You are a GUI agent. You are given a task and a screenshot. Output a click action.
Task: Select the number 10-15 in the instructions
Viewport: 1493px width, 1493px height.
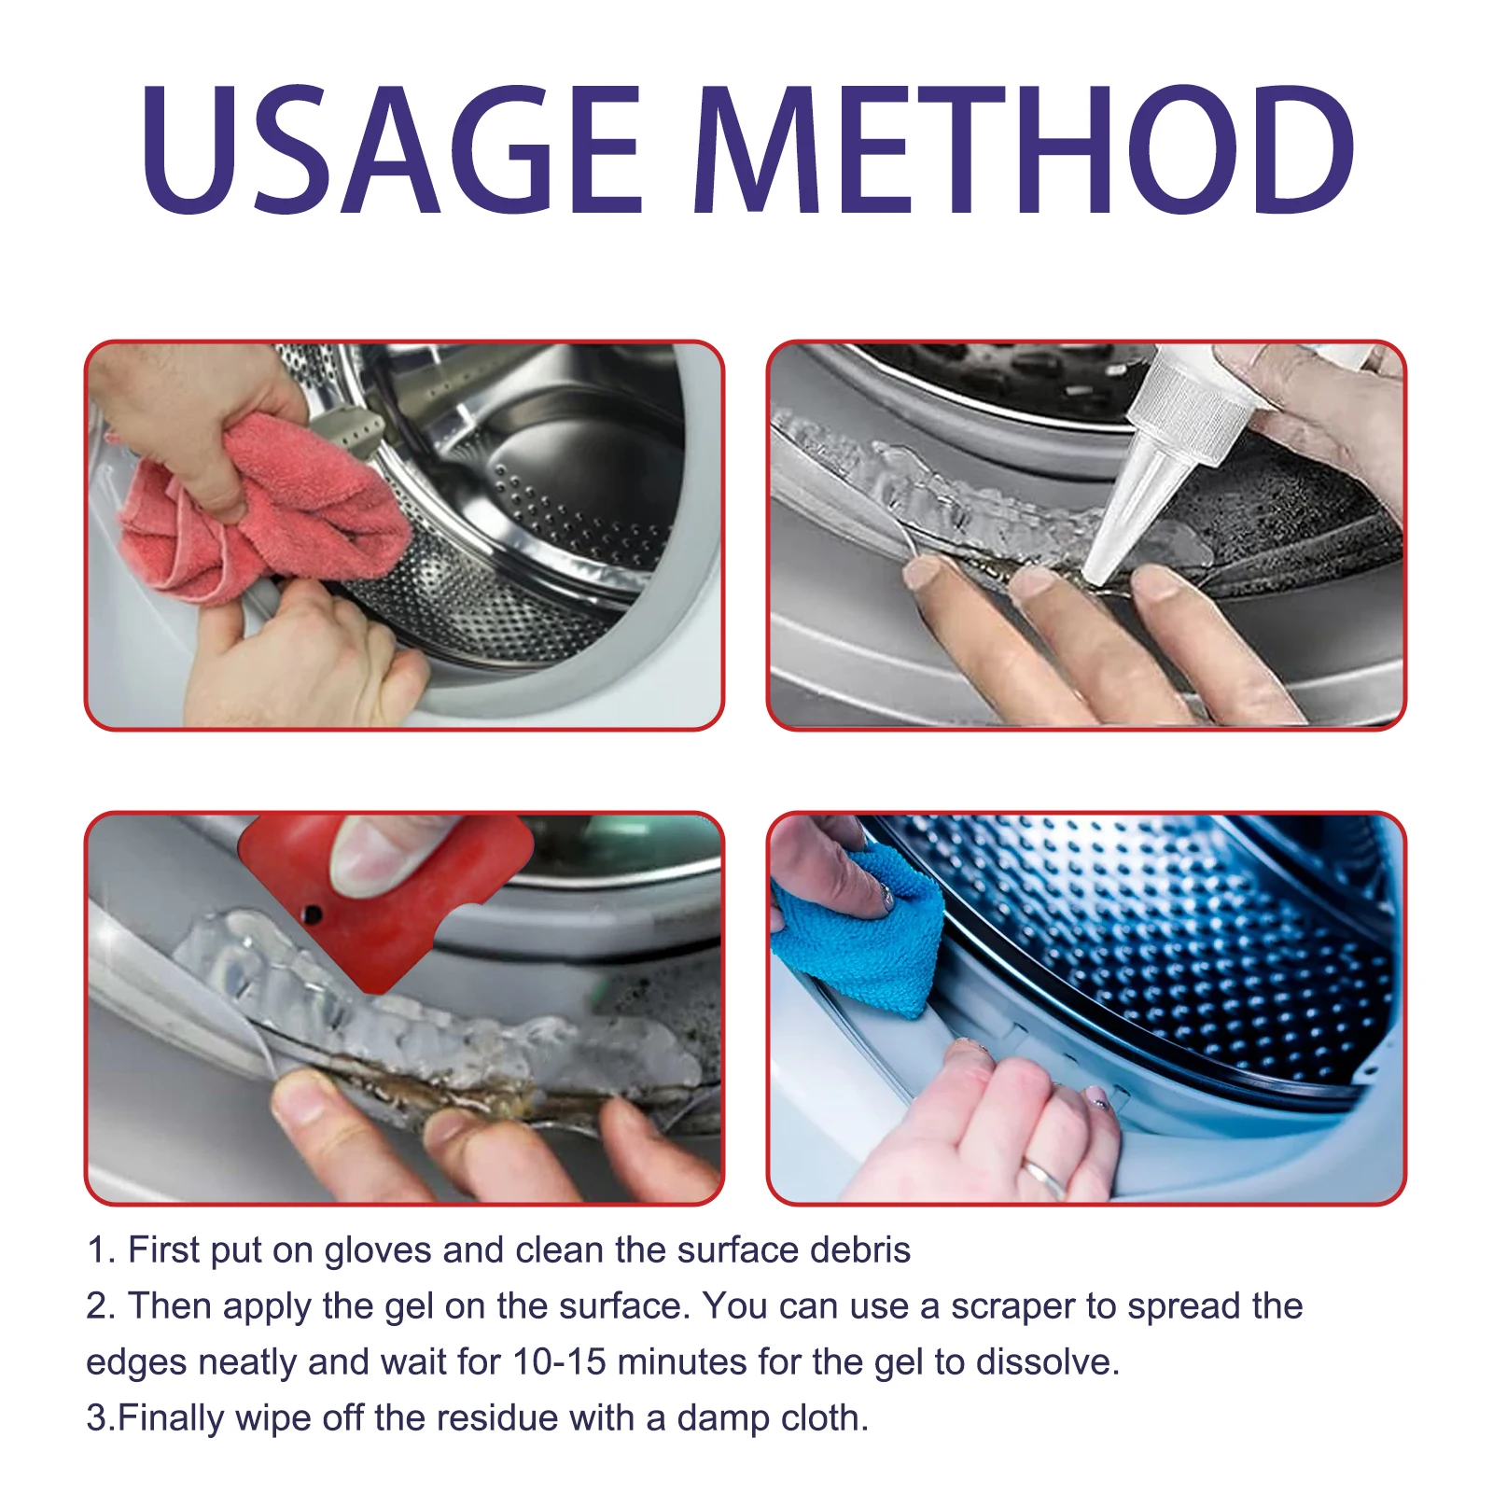pyautogui.click(x=559, y=1363)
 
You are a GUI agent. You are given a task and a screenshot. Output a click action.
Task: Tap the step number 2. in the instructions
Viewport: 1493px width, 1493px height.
pyautogui.click(x=101, y=1307)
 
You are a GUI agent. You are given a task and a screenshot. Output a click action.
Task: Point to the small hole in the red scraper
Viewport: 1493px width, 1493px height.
pyautogui.click(x=314, y=914)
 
